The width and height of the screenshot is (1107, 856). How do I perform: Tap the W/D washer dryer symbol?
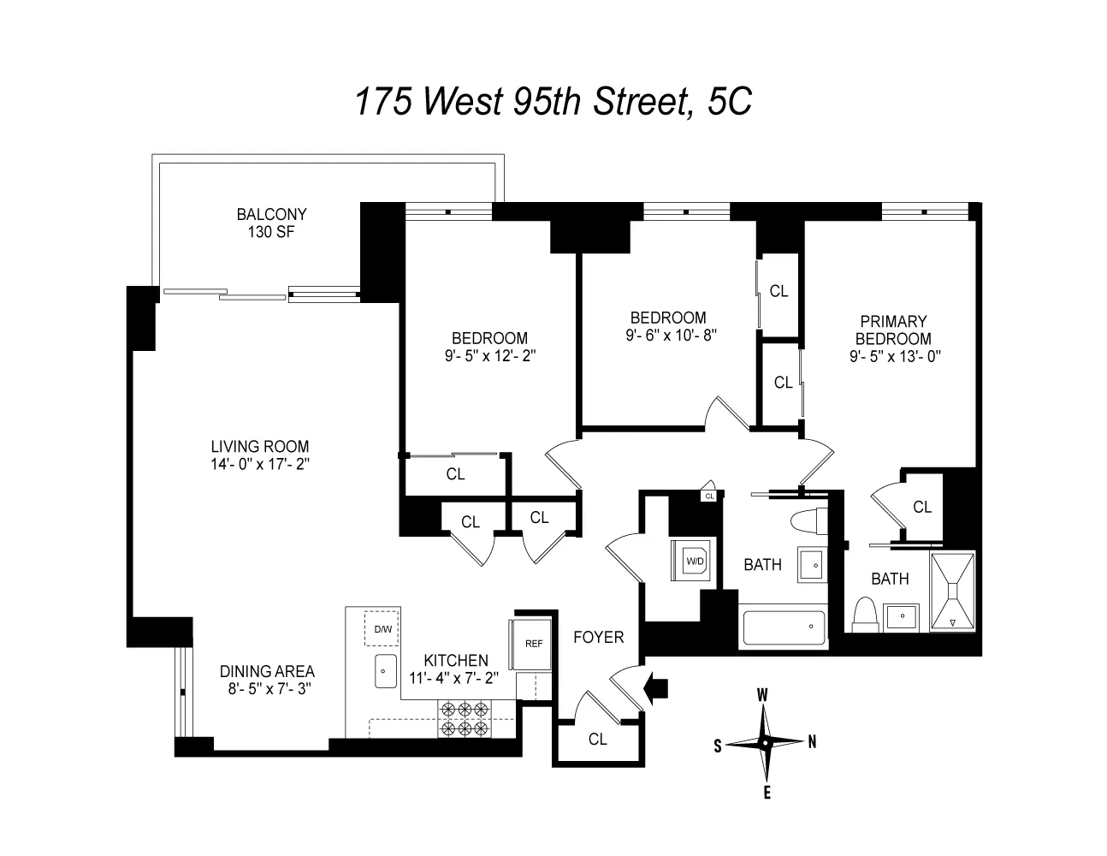[x=694, y=561]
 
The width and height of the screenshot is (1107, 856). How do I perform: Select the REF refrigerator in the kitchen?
[x=531, y=643]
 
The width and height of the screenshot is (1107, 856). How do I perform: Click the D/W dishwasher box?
[x=382, y=630]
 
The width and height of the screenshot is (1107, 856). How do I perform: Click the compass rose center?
[x=765, y=743]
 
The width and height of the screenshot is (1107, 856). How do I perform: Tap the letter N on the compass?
[x=811, y=742]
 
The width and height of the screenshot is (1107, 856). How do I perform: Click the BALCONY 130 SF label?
[x=271, y=223]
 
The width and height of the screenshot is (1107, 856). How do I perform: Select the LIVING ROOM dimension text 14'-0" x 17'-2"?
[x=260, y=464]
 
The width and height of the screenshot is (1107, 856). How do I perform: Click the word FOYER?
[x=598, y=637]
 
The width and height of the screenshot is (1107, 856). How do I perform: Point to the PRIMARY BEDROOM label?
[x=894, y=330]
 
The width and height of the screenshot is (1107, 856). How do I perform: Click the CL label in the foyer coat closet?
[x=597, y=739]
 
